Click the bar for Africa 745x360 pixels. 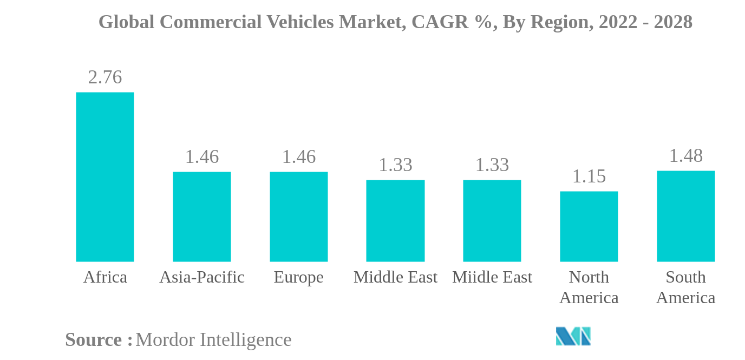pos(104,177)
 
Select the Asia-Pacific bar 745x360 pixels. pos(201,217)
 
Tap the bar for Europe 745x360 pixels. pos(298,217)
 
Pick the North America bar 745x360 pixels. pos(589,226)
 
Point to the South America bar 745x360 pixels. pos(685,216)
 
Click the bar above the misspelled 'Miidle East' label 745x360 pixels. pos(492,221)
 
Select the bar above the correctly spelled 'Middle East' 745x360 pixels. pos(395,221)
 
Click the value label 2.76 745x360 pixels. pos(104,77)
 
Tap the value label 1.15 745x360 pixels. pos(589,176)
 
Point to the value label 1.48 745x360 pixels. pos(685,156)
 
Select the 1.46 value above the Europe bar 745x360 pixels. pos(298,157)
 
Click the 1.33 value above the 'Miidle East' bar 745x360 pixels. pos(492,165)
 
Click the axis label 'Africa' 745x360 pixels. pos(105,277)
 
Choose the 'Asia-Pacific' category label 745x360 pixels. pos(201,277)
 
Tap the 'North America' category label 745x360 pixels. pos(589,287)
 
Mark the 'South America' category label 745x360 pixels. pos(685,287)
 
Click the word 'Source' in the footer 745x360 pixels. pos(94,340)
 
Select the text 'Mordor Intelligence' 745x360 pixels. pos(213,340)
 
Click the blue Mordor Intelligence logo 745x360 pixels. pos(573,336)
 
